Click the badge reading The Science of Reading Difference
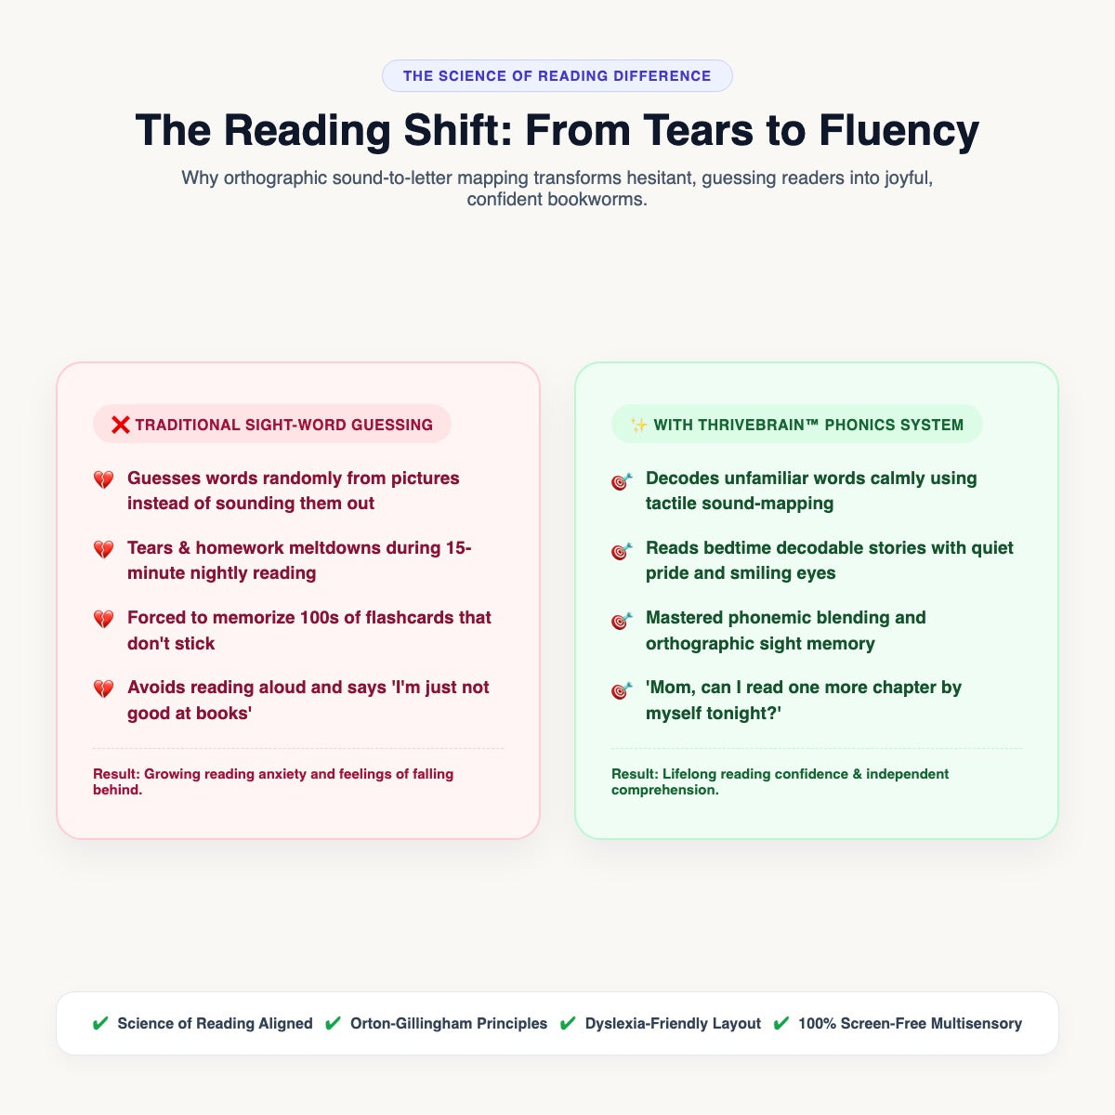(x=557, y=76)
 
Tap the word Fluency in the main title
(x=899, y=131)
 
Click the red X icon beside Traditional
(x=121, y=425)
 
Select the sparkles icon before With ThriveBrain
(x=638, y=426)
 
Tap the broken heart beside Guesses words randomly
(x=103, y=479)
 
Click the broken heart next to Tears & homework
(x=103, y=549)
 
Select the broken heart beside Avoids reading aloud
(x=103, y=689)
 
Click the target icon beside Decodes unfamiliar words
(x=622, y=480)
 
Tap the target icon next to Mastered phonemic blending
(x=622, y=620)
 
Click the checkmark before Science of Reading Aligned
(x=100, y=1023)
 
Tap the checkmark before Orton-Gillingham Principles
(x=333, y=1023)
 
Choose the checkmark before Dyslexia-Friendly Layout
(x=568, y=1023)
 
